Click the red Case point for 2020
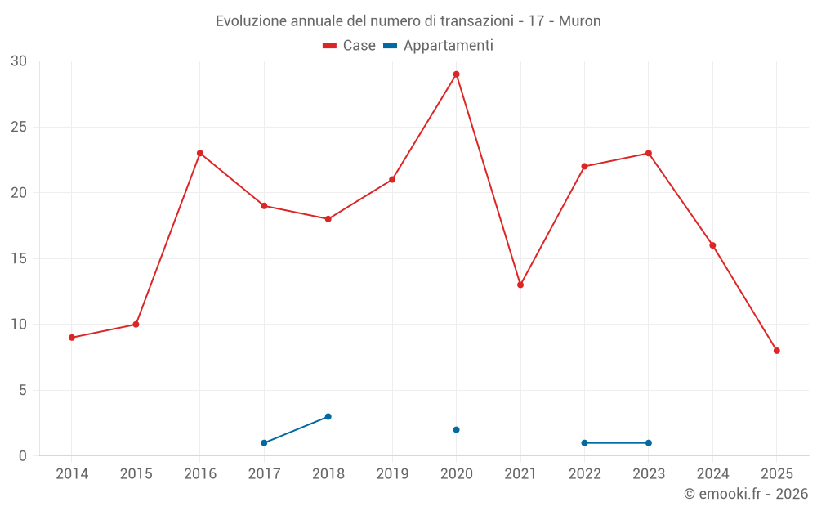[457, 74]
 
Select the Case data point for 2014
[72, 338]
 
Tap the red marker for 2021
[520, 285]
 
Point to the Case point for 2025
[777, 351]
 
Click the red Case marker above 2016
[200, 153]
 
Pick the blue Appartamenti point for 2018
[328, 416]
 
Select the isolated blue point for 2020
[457, 429]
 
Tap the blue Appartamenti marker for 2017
[264, 442]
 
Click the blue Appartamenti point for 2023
[649, 442]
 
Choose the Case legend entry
[350, 46]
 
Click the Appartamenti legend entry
[439, 46]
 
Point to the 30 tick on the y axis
[19, 61]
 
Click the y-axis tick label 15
[19, 259]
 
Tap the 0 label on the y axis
[23, 456]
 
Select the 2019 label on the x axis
[392, 474]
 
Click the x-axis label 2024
[712, 474]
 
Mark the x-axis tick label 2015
[136, 474]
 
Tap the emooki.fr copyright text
[746, 494]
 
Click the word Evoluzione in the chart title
[251, 21]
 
